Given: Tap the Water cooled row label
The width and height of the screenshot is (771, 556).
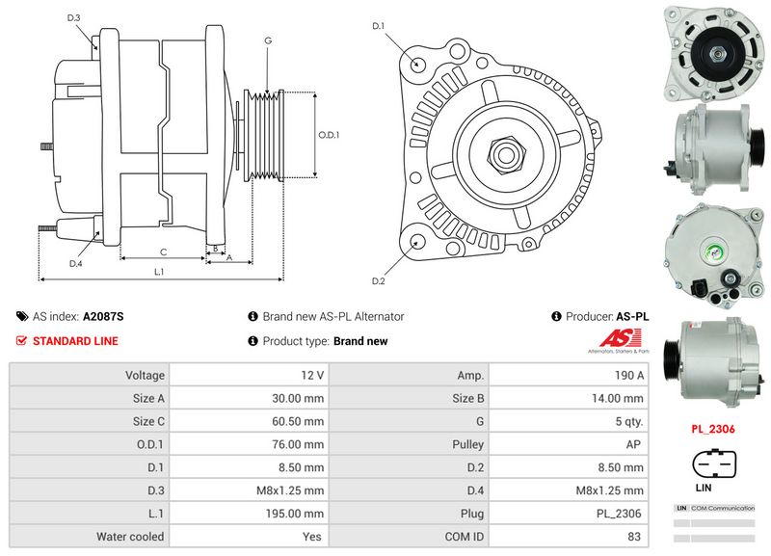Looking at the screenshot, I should tap(131, 537).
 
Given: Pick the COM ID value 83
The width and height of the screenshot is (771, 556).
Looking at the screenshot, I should tap(633, 537).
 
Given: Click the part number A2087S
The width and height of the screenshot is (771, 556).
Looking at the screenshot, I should tap(104, 316).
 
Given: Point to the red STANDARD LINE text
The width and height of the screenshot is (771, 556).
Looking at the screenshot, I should tap(75, 341).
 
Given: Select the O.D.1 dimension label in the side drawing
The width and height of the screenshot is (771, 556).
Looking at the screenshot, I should tap(330, 135).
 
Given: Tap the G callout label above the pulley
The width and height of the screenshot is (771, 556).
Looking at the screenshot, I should tap(267, 40).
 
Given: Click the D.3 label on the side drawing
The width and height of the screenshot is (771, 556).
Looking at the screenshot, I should tap(74, 17).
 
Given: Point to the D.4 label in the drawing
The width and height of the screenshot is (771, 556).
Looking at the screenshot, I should tap(75, 263).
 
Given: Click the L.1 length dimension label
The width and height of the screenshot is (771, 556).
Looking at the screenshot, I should tap(160, 272).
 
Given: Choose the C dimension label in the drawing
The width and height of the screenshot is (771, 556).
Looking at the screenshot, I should tap(163, 252).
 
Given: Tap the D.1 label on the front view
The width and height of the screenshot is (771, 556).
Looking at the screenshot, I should tap(378, 25).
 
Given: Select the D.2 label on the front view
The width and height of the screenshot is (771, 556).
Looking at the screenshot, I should tap(378, 280).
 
